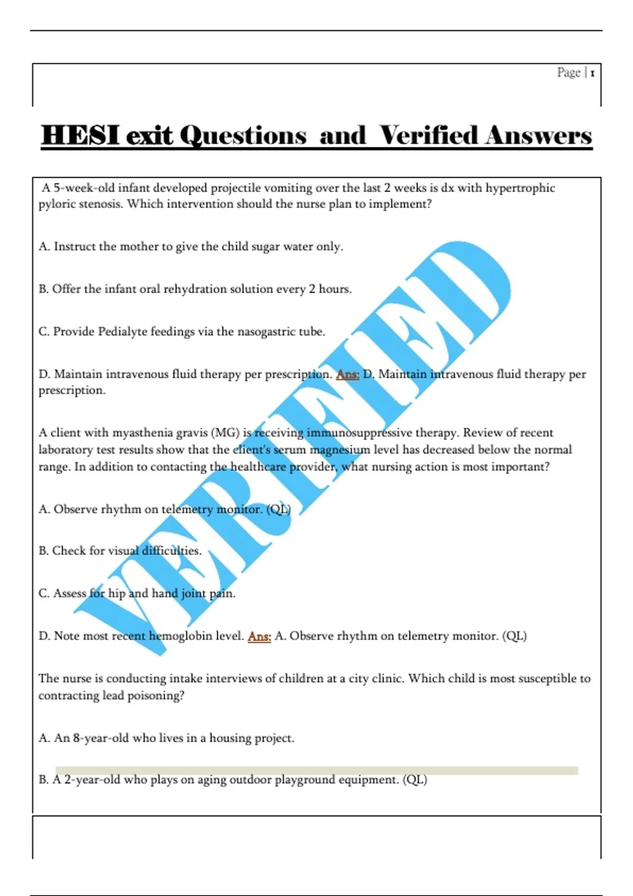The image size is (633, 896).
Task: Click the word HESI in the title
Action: (x=81, y=135)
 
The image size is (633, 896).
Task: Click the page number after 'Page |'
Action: (x=592, y=73)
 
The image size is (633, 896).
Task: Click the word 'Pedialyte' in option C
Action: (x=122, y=332)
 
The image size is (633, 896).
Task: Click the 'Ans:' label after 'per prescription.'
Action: (x=348, y=374)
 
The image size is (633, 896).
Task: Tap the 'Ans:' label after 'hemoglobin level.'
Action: (x=259, y=636)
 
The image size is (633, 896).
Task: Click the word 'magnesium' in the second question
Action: (x=340, y=450)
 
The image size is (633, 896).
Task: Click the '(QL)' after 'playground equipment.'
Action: (x=415, y=780)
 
